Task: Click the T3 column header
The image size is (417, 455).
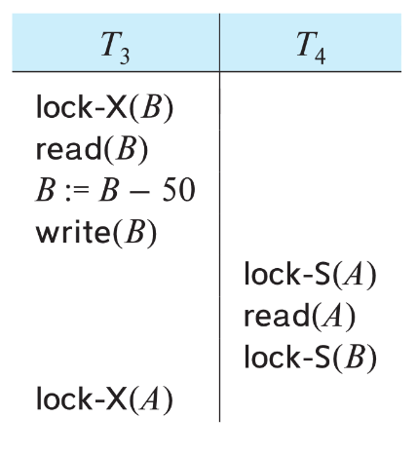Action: pos(115,48)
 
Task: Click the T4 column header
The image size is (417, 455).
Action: pos(311,48)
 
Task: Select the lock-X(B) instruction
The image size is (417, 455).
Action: pos(104,108)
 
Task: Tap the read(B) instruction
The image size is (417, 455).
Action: pos(92,149)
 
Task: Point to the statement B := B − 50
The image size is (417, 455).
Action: pos(115,190)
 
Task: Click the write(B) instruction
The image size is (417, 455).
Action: pos(96,233)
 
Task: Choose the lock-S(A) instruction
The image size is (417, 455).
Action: pos(310,275)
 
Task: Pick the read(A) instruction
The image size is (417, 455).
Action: pos(299,316)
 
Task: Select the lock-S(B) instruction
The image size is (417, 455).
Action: pos(310,358)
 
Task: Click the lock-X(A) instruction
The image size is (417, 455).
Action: pos(104,399)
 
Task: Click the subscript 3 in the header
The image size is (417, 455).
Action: pos(125,57)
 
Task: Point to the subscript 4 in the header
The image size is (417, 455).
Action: pos(321,57)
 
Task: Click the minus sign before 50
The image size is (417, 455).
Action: pos(139,193)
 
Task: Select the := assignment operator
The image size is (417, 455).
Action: pos(77,192)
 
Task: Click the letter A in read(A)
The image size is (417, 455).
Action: pos(332,316)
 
